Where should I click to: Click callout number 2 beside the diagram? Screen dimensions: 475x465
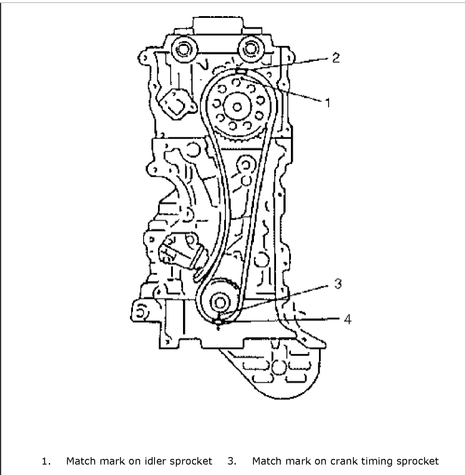coord(336,58)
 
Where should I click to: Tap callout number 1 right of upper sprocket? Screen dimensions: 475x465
coord(327,102)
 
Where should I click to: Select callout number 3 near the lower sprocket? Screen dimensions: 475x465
coord(337,284)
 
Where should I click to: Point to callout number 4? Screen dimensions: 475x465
coord(348,319)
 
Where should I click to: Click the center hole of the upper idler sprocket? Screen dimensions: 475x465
coord(238,108)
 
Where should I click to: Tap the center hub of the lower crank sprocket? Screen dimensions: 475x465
coord(220,301)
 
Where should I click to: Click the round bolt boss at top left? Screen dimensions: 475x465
coord(179,50)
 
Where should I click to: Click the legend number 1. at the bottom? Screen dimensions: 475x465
coord(45,461)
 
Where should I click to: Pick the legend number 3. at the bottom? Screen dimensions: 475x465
coord(232,461)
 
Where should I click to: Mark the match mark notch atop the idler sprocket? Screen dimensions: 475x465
coord(238,72)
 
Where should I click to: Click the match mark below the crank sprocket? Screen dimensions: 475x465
coord(219,322)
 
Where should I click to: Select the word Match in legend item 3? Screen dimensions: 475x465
coord(266,461)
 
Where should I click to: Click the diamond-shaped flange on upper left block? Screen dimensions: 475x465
coord(172,104)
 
